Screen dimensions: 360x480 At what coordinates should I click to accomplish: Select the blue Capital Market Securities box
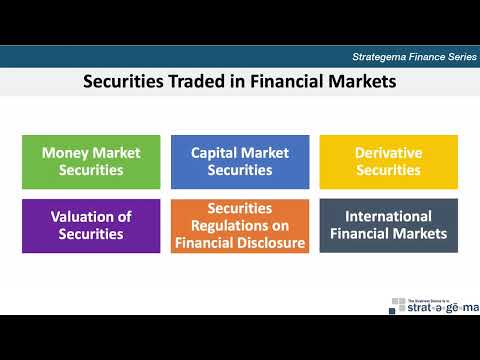240,162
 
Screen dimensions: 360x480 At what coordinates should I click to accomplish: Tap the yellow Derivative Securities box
388,162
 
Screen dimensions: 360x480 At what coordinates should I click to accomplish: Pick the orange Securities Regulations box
240,225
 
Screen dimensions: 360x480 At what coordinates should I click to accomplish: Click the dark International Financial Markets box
388,225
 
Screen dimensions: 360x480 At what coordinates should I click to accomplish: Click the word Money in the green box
64,154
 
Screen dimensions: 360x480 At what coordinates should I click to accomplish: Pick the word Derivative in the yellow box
388,154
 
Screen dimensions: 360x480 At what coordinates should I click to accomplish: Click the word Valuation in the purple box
76,217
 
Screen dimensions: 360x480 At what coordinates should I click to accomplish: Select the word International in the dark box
388,217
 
